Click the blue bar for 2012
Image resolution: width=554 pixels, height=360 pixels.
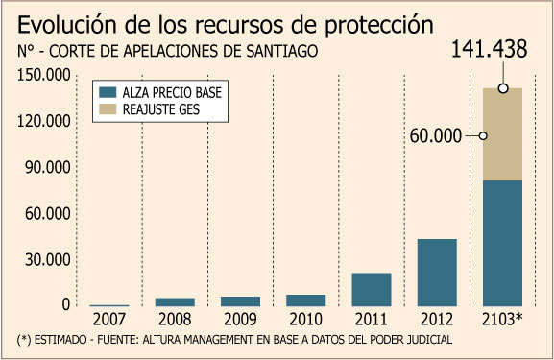[x=437, y=273]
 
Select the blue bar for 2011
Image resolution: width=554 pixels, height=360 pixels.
[x=372, y=289]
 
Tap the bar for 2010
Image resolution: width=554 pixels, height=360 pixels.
[x=306, y=300]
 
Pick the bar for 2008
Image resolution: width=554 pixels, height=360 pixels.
[x=175, y=302]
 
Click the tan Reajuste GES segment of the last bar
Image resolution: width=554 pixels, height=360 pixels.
[x=502, y=134]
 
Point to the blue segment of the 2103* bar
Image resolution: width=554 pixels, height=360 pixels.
[x=502, y=244]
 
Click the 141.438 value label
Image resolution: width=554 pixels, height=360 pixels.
[x=490, y=49]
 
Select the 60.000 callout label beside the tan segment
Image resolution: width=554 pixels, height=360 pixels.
[x=436, y=136]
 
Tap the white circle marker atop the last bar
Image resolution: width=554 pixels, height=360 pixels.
[x=503, y=88]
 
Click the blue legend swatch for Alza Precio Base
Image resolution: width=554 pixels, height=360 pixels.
[x=108, y=92]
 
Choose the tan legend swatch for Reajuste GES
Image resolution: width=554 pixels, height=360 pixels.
[x=108, y=109]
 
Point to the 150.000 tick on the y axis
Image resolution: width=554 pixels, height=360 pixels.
[x=44, y=75]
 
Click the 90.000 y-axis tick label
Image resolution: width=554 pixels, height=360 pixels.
[x=48, y=167]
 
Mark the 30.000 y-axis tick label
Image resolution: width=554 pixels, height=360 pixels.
[x=48, y=259]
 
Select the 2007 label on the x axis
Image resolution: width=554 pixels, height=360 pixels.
[x=109, y=320]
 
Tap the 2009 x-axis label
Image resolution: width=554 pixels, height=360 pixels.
[x=240, y=320]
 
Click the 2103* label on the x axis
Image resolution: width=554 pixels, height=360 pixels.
[x=502, y=319]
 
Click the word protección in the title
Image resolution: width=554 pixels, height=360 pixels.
[x=379, y=25]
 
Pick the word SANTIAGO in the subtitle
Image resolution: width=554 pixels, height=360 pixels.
[x=282, y=51]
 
